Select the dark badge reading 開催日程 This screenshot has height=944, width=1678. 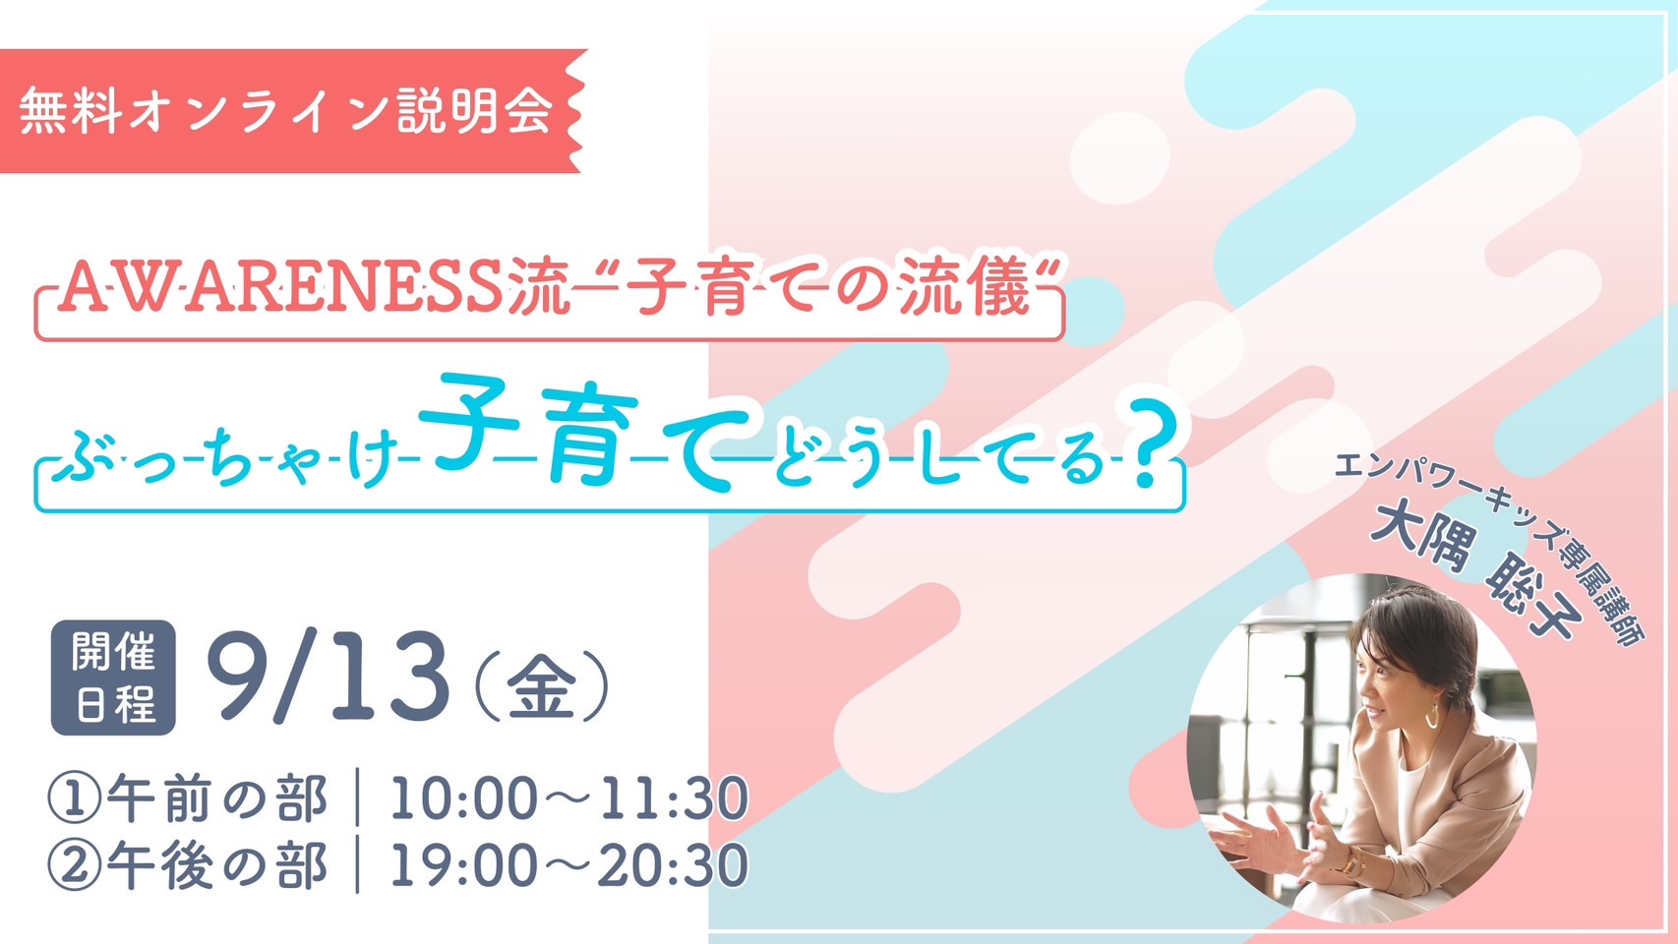point(113,678)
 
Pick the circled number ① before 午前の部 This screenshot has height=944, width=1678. point(74,798)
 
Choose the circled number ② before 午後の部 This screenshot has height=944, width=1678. point(74,866)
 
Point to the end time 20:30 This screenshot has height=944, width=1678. point(673,866)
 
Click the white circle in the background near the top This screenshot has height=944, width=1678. point(1119,157)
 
